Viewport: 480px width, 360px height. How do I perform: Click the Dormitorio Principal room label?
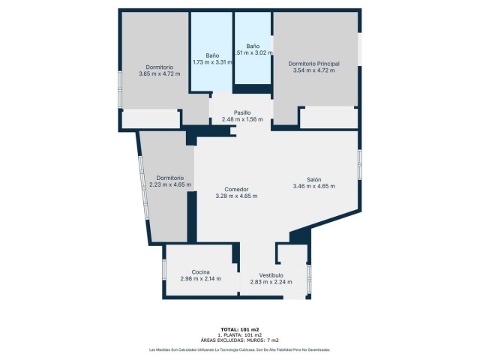pyautogui.click(x=313, y=64)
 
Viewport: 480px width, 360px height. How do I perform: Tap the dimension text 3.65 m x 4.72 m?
pyautogui.click(x=159, y=73)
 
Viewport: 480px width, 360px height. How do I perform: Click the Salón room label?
pyautogui.click(x=313, y=179)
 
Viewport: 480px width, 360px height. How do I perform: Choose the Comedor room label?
pyautogui.click(x=236, y=189)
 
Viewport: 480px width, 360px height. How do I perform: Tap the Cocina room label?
pyautogui.click(x=200, y=271)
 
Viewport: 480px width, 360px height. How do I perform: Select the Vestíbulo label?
pyautogui.click(x=271, y=274)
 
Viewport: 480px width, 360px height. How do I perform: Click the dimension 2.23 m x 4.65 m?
pyautogui.click(x=169, y=184)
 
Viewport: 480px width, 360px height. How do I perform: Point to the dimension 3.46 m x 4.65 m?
pyautogui.click(x=313, y=186)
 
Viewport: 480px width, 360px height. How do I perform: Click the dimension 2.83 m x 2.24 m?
pyautogui.click(x=271, y=281)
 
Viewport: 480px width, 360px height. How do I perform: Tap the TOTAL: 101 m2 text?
pyautogui.click(x=240, y=329)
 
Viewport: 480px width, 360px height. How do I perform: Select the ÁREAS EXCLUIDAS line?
pyautogui.click(x=240, y=340)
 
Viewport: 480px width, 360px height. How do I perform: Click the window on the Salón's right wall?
pyautogui.click(x=360, y=164)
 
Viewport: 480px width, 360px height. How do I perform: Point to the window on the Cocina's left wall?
pyautogui.click(x=163, y=270)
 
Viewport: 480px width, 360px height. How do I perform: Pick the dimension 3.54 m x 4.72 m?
pyautogui.click(x=313, y=70)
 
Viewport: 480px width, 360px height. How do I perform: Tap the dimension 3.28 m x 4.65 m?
pyautogui.click(x=236, y=196)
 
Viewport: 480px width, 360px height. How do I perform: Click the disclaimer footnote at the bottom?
pyautogui.click(x=240, y=349)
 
